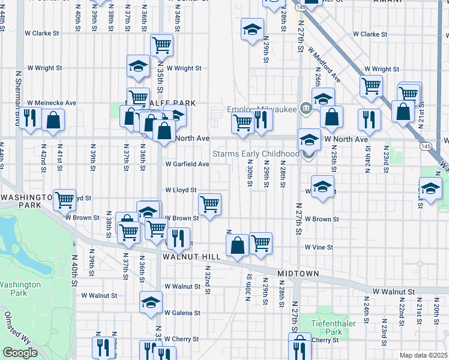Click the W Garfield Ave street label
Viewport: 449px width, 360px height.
point(187,164)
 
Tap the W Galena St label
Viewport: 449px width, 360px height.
point(183,313)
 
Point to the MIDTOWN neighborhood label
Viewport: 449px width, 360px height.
point(298,274)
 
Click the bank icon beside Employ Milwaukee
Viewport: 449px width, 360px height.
point(306,108)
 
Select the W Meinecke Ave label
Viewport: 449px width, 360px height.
point(52,103)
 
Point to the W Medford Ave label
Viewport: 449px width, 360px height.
point(324,65)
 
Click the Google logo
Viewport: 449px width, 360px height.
point(20,353)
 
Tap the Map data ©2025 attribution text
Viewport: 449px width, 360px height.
point(423,355)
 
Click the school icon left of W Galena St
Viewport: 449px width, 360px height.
point(151,302)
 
